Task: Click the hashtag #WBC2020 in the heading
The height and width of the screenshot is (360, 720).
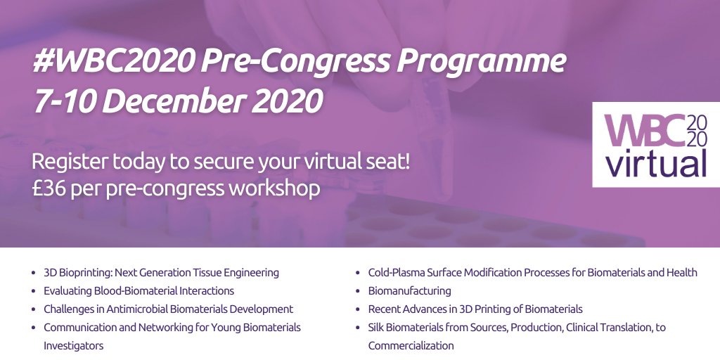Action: click(x=113, y=63)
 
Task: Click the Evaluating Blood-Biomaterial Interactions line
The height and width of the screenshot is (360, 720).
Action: click(x=139, y=290)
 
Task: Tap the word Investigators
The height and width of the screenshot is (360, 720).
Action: click(x=73, y=345)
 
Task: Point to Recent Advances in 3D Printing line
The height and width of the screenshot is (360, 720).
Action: click(x=475, y=309)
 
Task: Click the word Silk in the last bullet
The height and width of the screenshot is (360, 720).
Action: click(x=376, y=327)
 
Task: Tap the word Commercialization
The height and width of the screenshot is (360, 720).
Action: click(x=411, y=345)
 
